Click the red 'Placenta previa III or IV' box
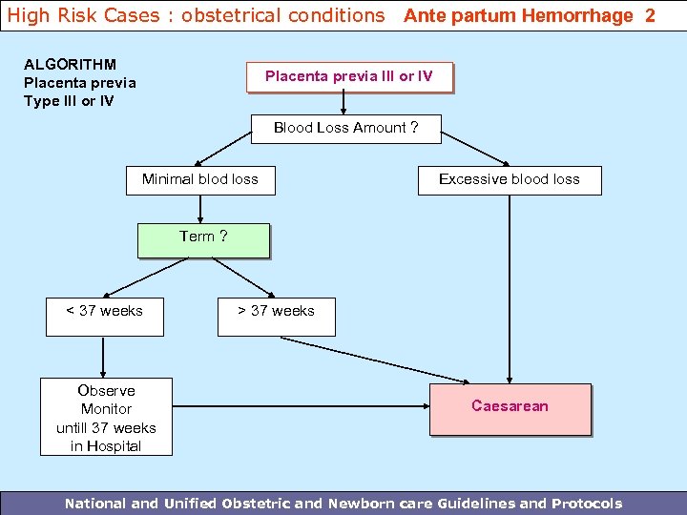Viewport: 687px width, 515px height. [x=349, y=77]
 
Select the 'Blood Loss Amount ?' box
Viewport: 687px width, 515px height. [x=345, y=129]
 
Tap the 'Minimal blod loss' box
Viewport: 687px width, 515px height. [x=200, y=179]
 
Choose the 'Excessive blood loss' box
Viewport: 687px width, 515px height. [x=510, y=179]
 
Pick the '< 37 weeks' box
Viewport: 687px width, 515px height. [x=105, y=316]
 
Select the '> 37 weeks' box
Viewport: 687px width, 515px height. [x=277, y=316]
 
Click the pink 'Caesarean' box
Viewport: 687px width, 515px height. [x=510, y=408]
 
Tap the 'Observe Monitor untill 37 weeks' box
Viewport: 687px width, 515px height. [x=106, y=418]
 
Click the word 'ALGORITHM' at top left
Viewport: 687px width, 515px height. [x=70, y=65]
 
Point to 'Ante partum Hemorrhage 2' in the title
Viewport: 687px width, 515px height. [x=530, y=16]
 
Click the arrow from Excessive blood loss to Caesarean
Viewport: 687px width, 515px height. [x=510, y=286]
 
